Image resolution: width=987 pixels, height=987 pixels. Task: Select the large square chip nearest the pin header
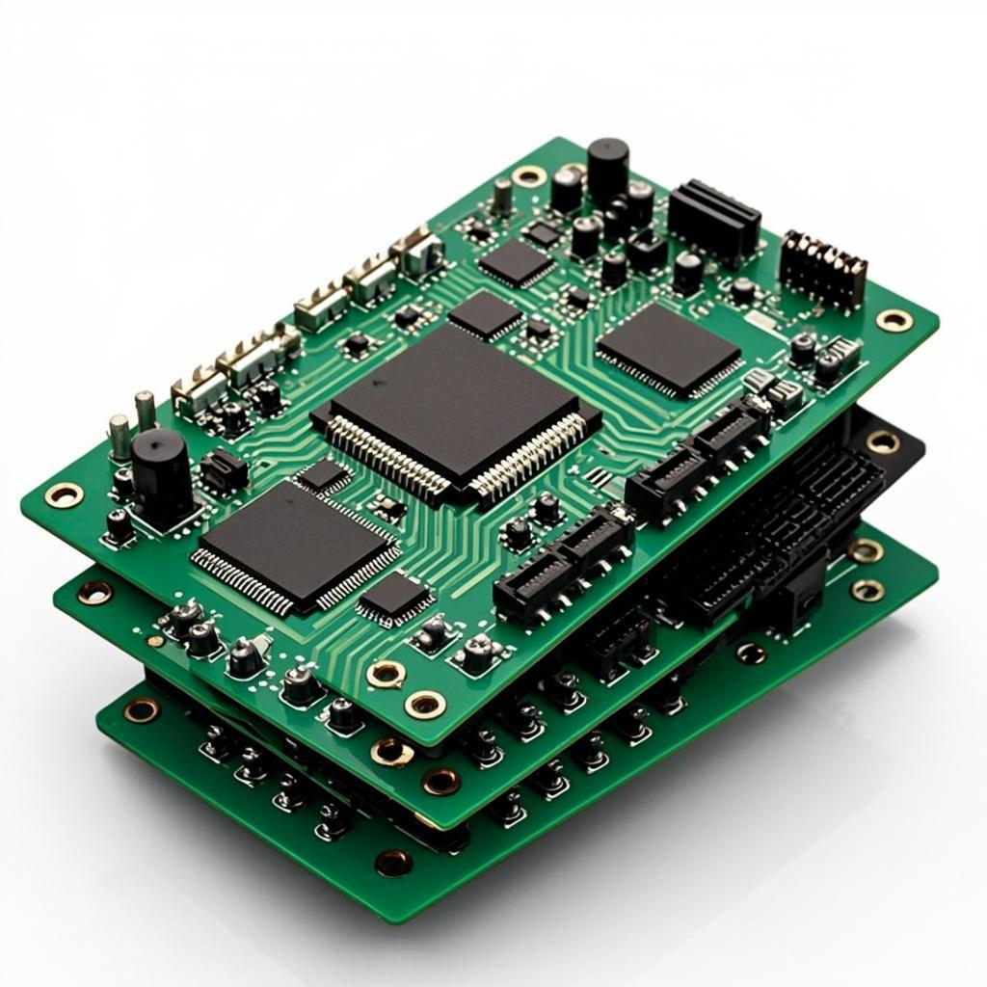point(669,349)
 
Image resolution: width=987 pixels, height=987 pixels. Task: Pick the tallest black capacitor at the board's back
point(607,169)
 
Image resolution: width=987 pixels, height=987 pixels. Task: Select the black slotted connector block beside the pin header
point(714,221)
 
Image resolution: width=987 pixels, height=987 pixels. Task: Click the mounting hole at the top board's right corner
point(894,320)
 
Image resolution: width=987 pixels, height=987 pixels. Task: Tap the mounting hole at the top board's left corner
point(64,494)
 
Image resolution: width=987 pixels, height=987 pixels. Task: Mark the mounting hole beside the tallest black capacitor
point(529,175)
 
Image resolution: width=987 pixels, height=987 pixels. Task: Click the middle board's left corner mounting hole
point(94,592)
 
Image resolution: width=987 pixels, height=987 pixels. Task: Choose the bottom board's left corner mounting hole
point(142,710)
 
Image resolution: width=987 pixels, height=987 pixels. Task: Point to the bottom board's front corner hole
point(394,862)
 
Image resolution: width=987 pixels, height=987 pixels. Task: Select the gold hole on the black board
point(883,441)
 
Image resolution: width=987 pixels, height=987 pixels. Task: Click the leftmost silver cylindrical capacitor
point(119,437)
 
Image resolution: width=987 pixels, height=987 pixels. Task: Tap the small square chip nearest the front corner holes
point(395,598)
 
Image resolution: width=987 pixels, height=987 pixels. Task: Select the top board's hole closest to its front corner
point(425,705)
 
